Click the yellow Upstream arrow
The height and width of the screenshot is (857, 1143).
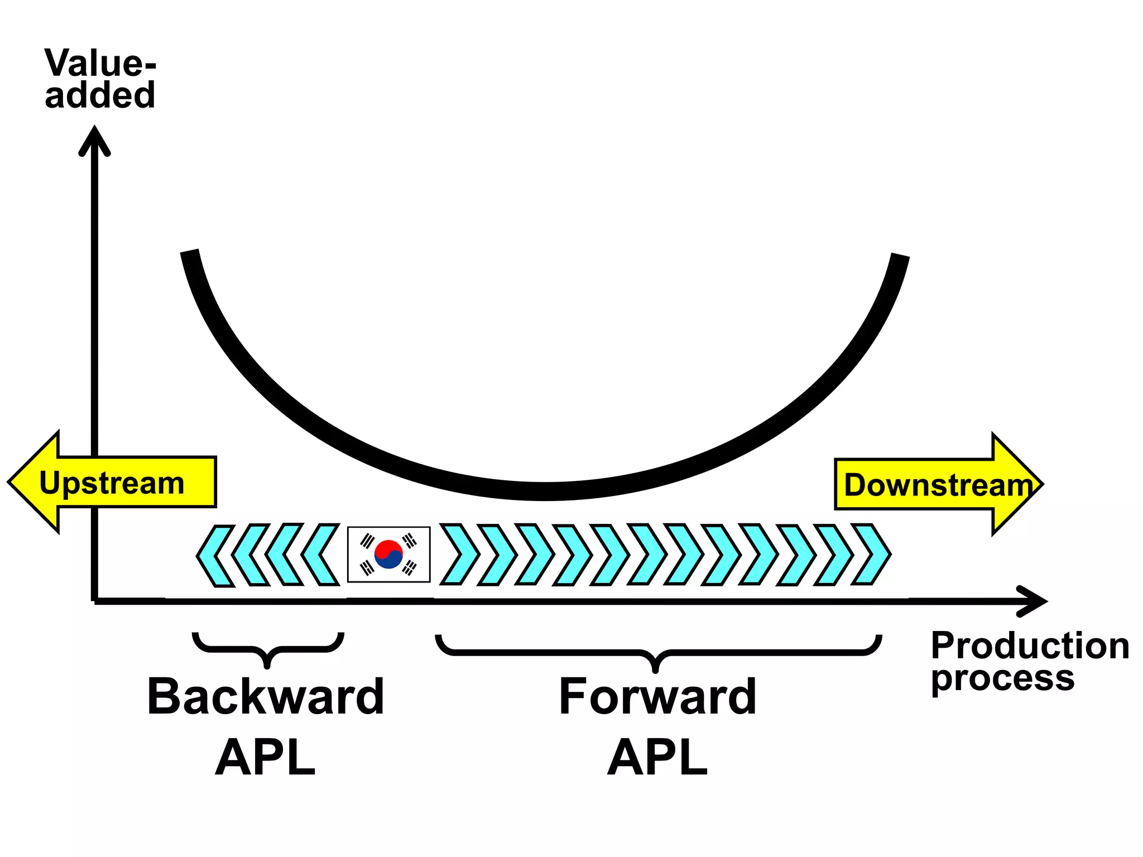point(112,483)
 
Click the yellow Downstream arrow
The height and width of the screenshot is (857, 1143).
point(938,484)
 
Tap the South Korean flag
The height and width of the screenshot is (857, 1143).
point(388,554)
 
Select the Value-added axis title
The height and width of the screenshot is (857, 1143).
point(100,79)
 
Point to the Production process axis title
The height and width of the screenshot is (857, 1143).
point(1030,661)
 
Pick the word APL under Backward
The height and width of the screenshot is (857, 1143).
point(266,757)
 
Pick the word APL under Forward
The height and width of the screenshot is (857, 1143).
point(657,757)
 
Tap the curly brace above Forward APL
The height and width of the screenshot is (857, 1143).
point(657,651)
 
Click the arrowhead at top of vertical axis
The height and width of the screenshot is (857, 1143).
point(94,139)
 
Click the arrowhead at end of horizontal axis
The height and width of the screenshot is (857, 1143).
point(1032,601)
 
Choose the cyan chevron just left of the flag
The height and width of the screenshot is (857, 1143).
point(321,554)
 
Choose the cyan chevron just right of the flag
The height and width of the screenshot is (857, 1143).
point(459,554)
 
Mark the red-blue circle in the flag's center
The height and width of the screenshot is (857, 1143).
point(388,553)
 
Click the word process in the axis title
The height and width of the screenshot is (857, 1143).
point(1002,678)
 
